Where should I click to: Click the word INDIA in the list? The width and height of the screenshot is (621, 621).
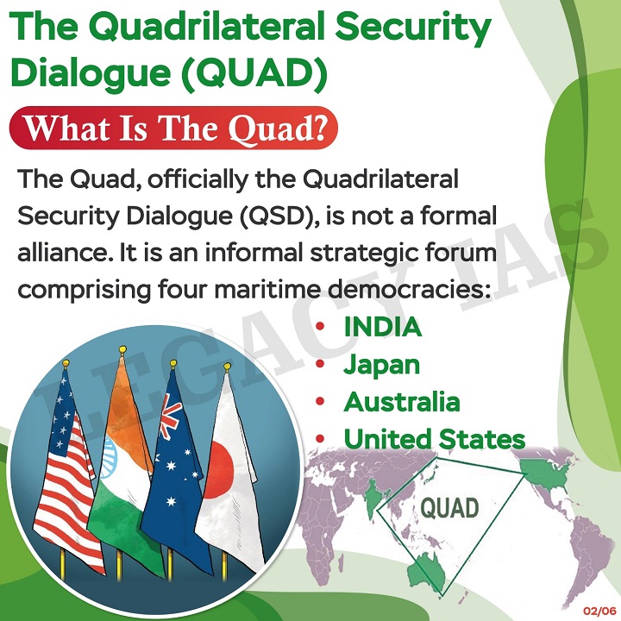click(383, 327)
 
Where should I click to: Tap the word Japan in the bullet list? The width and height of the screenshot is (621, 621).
click(381, 366)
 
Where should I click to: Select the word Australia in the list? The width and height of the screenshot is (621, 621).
click(402, 402)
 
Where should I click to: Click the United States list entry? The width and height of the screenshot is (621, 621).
click(435, 439)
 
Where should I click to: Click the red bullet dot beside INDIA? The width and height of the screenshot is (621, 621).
click(320, 326)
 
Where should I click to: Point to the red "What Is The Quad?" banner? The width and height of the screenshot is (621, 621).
click(173, 128)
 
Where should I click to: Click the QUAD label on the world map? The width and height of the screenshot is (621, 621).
click(449, 508)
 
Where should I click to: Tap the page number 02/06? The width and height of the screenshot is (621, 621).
click(599, 611)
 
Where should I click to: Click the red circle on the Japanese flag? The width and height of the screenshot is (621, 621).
click(218, 470)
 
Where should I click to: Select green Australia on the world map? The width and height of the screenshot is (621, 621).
click(427, 571)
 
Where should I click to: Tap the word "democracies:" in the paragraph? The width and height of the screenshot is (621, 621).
click(410, 290)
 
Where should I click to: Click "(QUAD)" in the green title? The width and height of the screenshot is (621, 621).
click(254, 72)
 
